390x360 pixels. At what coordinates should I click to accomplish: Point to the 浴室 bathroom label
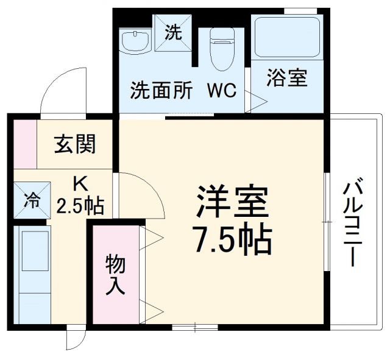[x=287, y=79]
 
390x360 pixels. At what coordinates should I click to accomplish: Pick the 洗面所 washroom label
[x=161, y=91]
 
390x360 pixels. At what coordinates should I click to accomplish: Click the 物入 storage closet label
[x=115, y=275]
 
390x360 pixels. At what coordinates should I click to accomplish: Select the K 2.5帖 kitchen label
[x=80, y=196]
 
